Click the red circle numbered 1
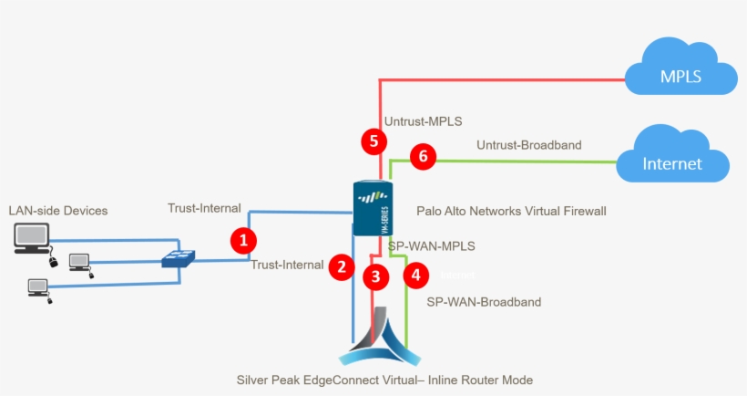[x=242, y=241]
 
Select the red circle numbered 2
[x=341, y=266]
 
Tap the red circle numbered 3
[x=374, y=276]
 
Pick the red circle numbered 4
[x=415, y=273]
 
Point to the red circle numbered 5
[x=373, y=141]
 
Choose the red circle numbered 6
[x=421, y=156]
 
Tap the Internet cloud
[x=672, y=158]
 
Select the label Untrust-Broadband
[x=528, y=144]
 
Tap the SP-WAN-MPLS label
[x=431, y=246]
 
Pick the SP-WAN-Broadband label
[x=484, y=302]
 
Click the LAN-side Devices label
[x=58, y=211]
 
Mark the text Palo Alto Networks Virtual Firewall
[x=510, y=211]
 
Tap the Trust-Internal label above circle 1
[x=205, y=208]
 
